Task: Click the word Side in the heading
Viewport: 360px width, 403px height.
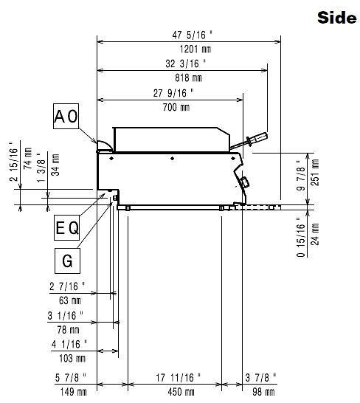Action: [337, 18]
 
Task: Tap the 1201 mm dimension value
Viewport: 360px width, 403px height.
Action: [195, 49]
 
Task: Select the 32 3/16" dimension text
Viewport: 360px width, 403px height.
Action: [185, 63]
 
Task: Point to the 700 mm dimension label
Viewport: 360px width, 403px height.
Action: [176, 107]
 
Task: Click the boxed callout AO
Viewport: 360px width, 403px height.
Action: [66, 116]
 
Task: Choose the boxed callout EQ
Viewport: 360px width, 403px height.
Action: [67, 228]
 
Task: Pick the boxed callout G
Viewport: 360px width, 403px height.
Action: [67, 261]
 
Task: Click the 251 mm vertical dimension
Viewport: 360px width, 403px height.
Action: [315, 172]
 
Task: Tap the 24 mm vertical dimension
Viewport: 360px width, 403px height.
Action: [315, 234]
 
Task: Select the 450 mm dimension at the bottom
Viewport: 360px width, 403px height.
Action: [181, 392]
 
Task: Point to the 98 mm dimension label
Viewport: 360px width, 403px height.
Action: [263, 392]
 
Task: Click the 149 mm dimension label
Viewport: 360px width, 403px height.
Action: [73, 392]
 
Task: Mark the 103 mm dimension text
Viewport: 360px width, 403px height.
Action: [72, 358]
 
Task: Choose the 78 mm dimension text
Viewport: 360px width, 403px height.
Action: [68, 329]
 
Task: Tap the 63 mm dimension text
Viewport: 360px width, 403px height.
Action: [70, 300]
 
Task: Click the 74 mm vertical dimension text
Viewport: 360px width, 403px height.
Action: [27, 158]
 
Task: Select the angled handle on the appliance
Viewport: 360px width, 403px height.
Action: [249, 140]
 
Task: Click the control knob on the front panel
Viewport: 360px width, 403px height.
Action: [244, 183]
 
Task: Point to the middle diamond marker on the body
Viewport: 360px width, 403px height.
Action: [172, 158]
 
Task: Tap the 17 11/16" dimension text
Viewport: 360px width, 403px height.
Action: [179, 378]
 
